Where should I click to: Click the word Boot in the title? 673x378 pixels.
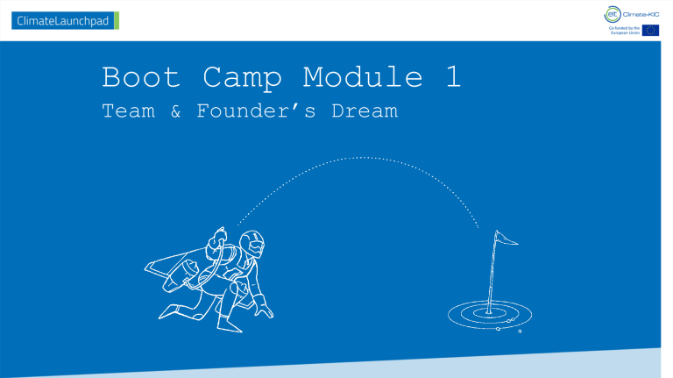click(141, 78)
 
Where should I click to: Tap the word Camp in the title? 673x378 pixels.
click(242, 78)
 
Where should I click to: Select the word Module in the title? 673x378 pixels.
click(362, 78)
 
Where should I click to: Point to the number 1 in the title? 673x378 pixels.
click(452, 78)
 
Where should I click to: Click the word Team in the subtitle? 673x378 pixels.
click(127, 111)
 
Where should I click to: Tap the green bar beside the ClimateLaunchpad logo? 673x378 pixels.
click(117, 20)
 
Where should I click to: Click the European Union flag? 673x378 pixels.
click(650, 31)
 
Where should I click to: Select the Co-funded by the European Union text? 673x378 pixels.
click(620, 31)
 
